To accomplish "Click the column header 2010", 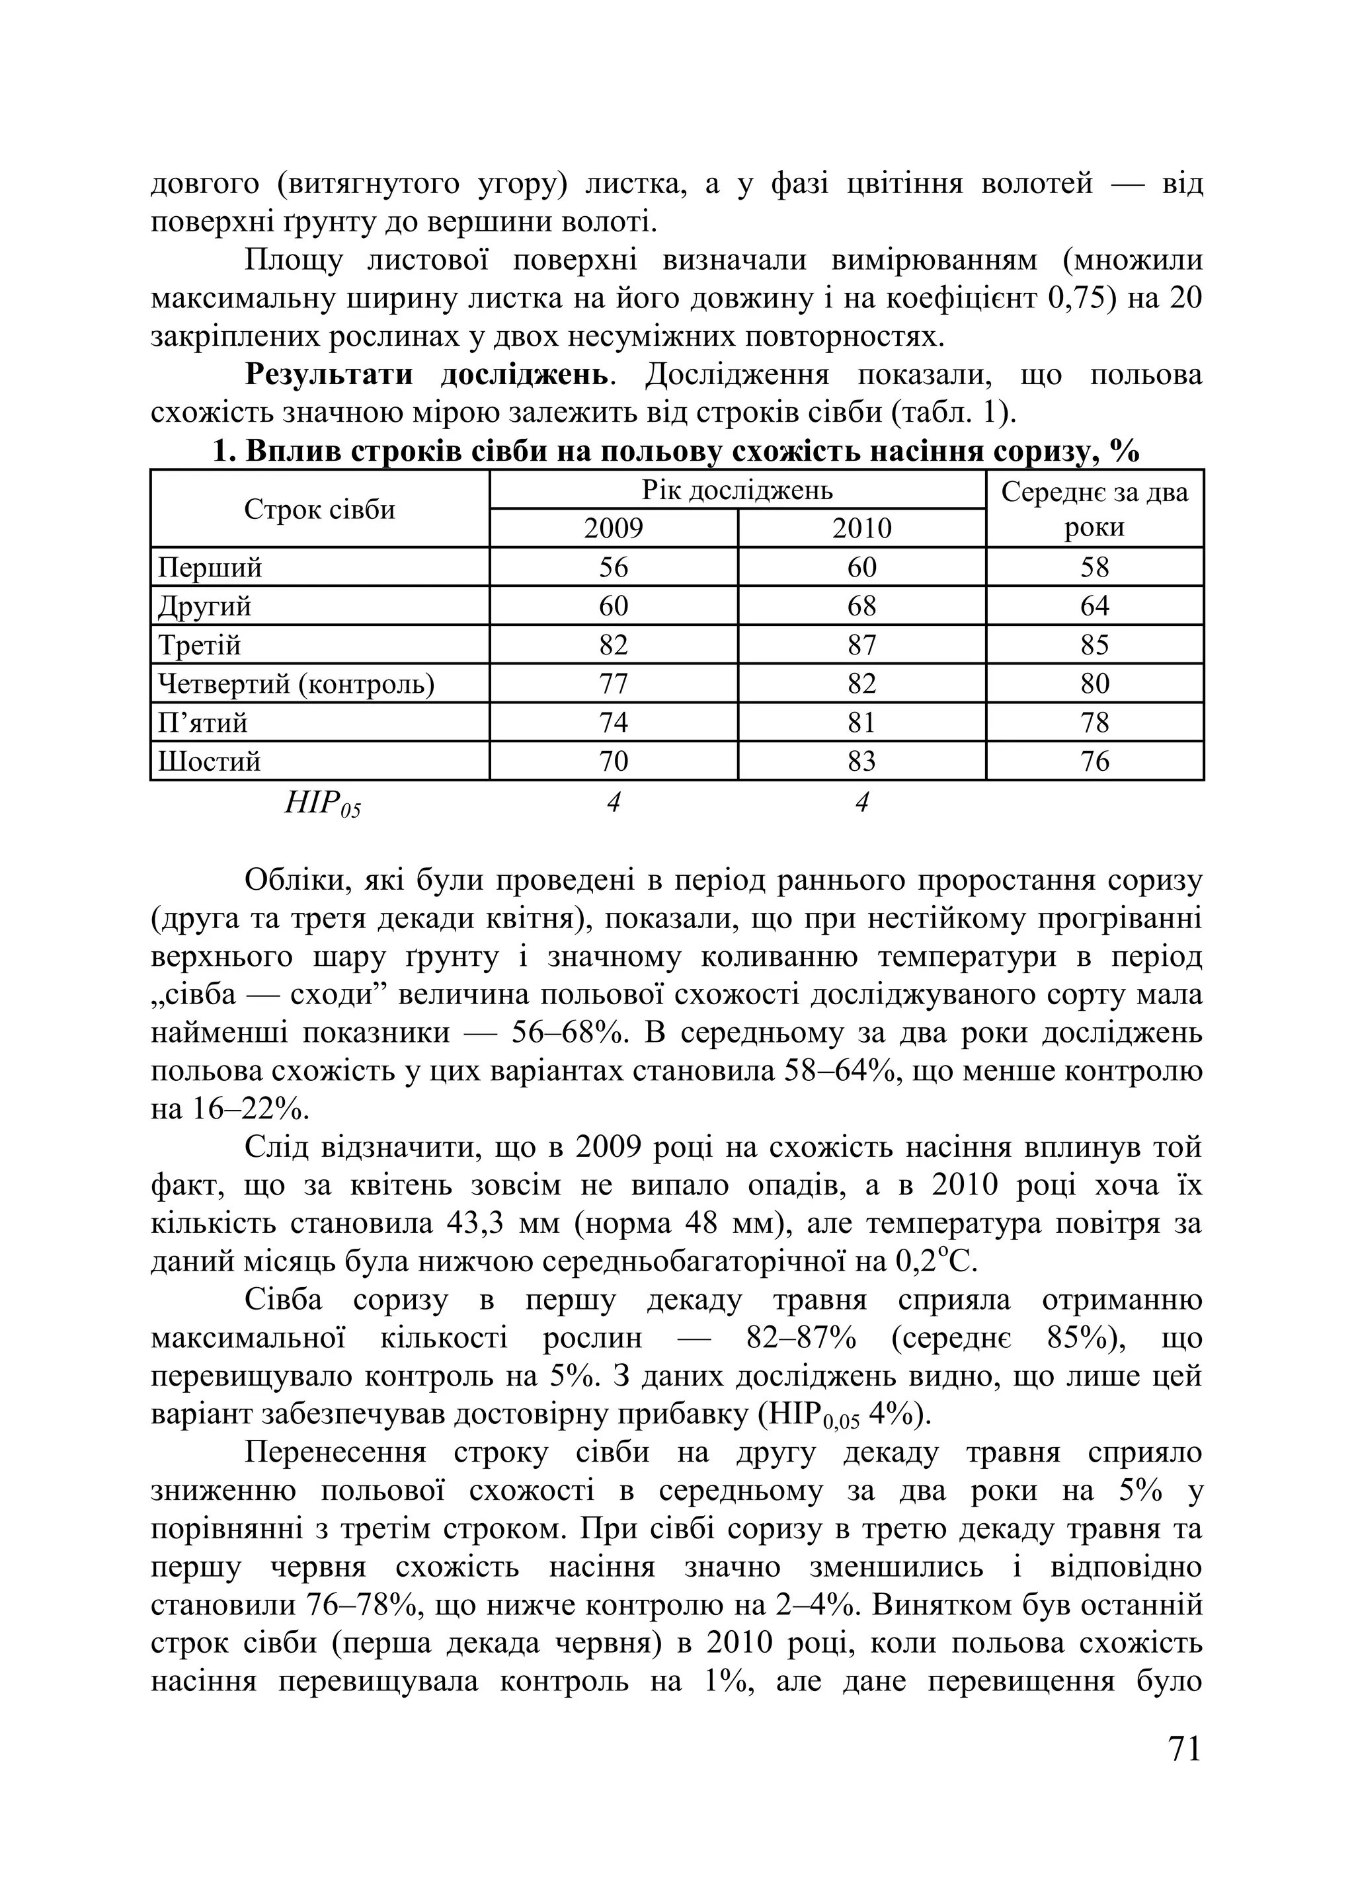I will point(861,528).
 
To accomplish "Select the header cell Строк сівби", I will point(319,509).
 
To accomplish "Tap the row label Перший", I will point(210,567).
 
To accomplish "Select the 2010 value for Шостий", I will point(861,761).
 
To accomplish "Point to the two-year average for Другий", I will point(1094,606).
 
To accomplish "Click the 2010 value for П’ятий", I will point(861,723).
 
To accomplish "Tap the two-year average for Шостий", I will point(1094,761).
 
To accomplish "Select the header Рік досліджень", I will point(737,490).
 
